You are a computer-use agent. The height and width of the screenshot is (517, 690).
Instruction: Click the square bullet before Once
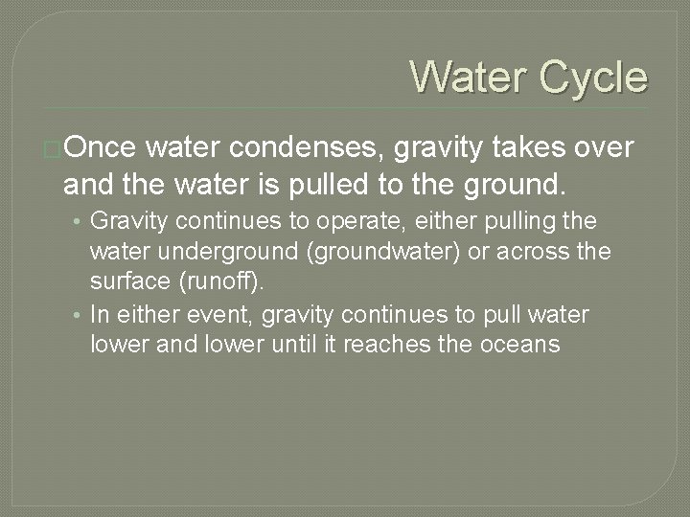(55, 148)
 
